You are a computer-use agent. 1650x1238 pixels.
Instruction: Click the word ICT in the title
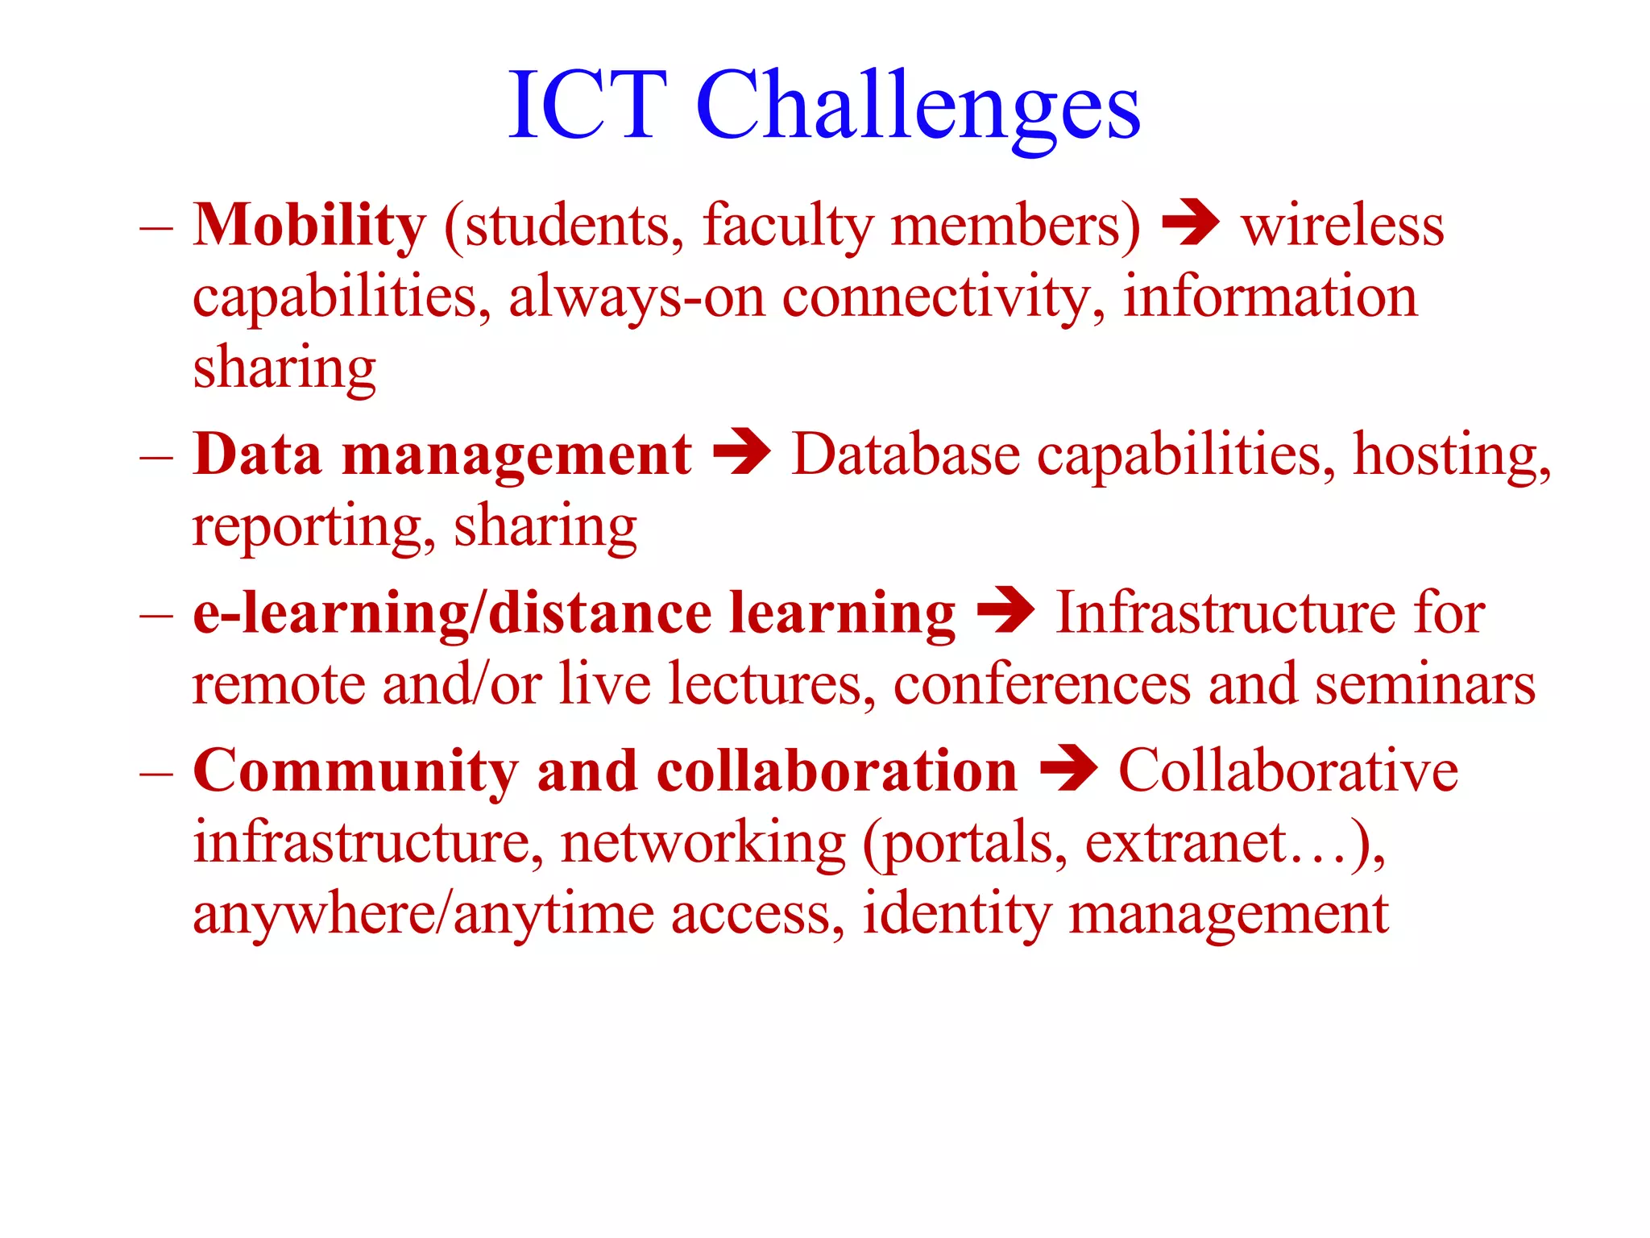pos(588,106)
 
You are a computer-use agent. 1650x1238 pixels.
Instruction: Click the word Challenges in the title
pos(918,109)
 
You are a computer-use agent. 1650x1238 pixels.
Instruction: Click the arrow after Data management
pos(742,453)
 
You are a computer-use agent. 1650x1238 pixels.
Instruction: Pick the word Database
pos(906,455)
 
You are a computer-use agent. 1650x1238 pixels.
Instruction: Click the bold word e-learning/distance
pos(452,614)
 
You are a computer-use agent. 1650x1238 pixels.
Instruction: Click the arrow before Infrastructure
pos(1005,612)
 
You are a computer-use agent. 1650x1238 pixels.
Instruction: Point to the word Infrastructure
pos(1225,614)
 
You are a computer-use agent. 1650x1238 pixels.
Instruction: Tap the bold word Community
pos(355,773)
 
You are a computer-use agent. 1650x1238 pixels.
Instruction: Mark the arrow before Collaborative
pos(1068,769)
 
